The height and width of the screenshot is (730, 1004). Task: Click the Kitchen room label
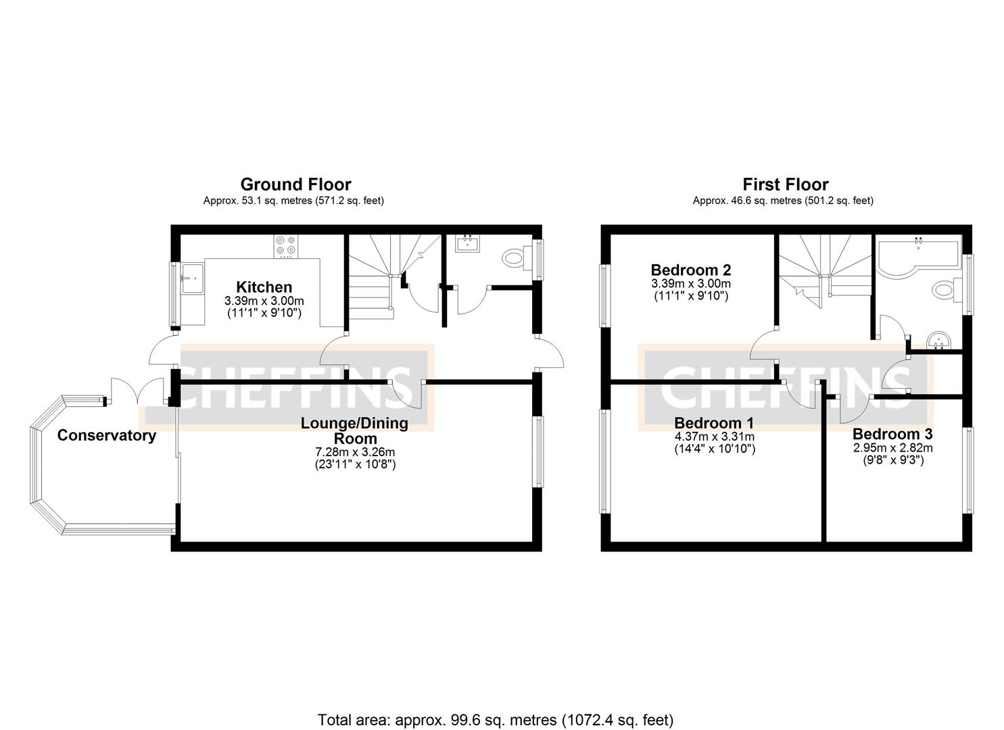click(264, 287)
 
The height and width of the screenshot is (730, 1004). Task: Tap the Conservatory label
click(106, 435)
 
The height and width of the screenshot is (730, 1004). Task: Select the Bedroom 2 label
click(690, 270)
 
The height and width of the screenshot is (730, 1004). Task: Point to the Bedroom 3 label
click(892, 434)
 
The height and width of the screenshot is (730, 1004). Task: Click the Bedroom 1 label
click(714, 423)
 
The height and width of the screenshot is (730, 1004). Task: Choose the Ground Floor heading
click(295, 185)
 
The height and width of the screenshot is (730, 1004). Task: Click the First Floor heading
click(785, 185)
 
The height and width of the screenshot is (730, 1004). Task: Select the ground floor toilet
click(517, 258)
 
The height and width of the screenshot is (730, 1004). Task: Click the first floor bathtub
click(916, 256)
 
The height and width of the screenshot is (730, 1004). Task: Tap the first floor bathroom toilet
click(944, 290)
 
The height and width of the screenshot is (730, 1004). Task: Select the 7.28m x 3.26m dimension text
click(355, 452)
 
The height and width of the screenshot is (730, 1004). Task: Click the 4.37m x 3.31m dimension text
click(714, 437)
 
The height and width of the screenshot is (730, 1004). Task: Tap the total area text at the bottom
click(496, 720)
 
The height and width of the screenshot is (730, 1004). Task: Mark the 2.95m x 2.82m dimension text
click(892, 447)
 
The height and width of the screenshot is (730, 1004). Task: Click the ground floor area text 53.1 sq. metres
click(293, 201)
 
